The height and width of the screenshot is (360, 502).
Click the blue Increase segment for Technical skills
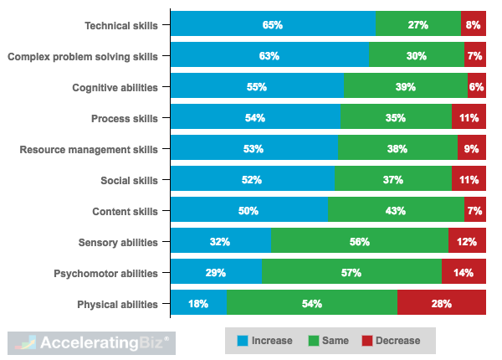coord(273,25)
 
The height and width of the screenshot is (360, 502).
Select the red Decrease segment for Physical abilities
coord(441,304)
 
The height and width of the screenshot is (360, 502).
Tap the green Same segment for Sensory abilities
coord(359,242)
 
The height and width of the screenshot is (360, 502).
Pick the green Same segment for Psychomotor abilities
coord(351,273)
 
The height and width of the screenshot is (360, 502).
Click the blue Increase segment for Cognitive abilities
coord(257,87)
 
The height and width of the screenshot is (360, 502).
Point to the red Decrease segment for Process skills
coord(469,118)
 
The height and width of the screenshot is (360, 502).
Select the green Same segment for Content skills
coord(396,211)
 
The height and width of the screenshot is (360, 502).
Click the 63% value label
coord(269,56)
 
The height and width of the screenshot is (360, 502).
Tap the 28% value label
coord(441,304)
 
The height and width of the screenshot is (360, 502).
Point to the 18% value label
coord(198,304)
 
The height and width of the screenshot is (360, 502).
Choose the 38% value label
coord(397,149)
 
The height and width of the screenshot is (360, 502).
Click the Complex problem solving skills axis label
coord(82,56)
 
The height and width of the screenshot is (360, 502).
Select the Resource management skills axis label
coord(89,149)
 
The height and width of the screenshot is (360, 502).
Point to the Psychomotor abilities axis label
coord(105,273)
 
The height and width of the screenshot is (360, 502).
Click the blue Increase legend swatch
coord(243,341)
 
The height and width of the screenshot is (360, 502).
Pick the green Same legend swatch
coord(315,341)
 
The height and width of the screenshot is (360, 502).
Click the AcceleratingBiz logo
coord(90,342)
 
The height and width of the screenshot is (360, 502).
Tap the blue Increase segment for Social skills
coord(252,180)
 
